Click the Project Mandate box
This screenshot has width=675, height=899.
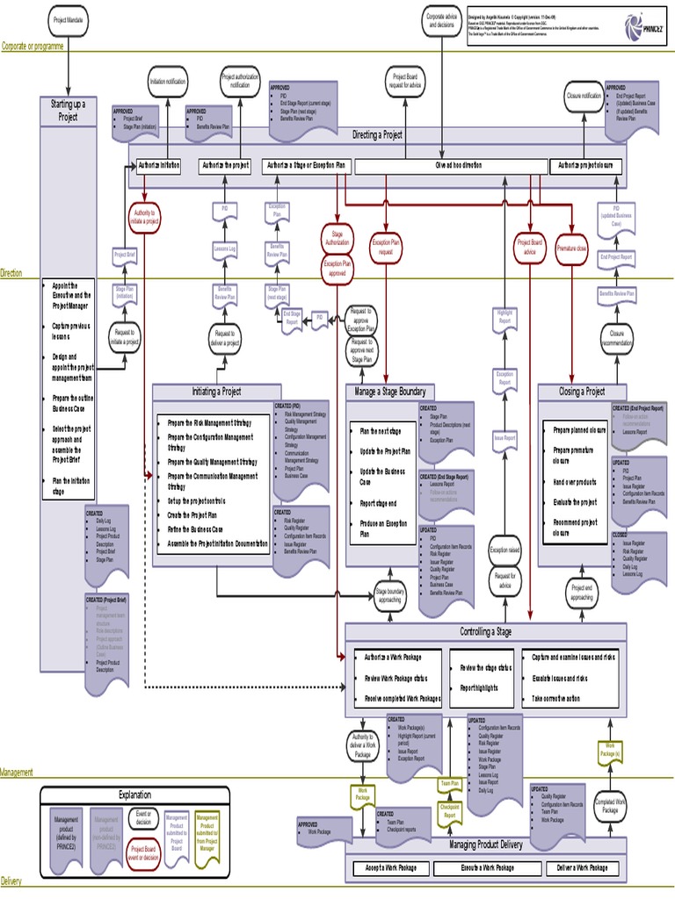click(x=70, y=18)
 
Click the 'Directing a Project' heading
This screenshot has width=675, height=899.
click(x=378, y=135)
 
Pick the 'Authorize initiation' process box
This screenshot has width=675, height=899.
click(x=157, y=165)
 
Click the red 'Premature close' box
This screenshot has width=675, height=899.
click(x=572, y=248)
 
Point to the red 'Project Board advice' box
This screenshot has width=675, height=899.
click(x=531, y=247)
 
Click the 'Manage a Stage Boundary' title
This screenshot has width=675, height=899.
click(x=389, y=392)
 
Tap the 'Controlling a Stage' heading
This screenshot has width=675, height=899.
click(x=485, y=632)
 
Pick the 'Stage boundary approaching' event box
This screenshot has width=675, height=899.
click(x=390, y=597)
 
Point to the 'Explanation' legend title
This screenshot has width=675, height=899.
click(x=129, y=795)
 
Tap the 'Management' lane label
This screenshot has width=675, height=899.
click(x=17, y=773)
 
